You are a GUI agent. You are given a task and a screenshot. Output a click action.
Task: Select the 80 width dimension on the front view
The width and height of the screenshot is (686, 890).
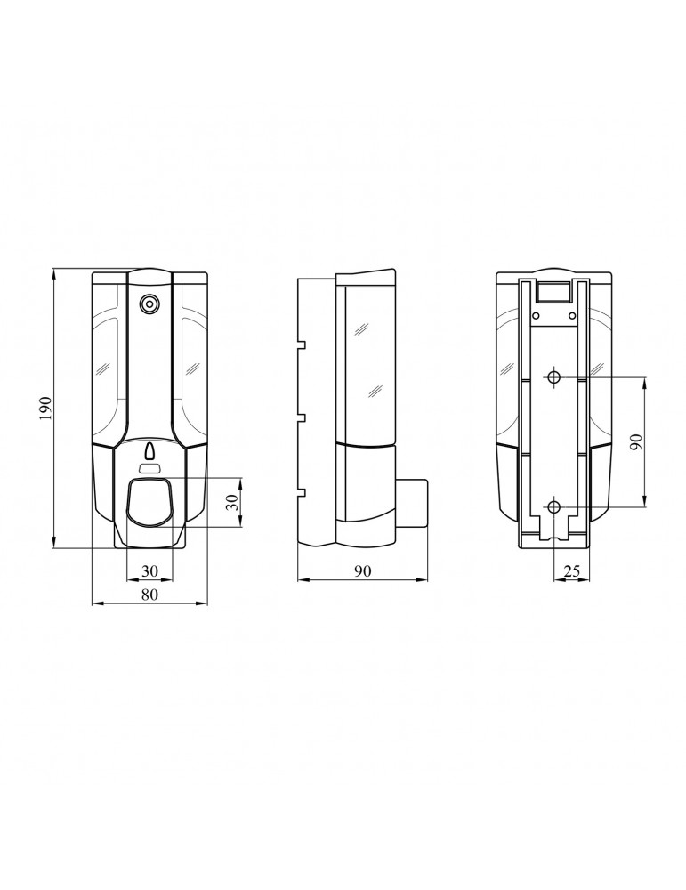(149, 595)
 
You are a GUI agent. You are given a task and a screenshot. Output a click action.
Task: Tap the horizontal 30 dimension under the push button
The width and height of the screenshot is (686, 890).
(149, 570)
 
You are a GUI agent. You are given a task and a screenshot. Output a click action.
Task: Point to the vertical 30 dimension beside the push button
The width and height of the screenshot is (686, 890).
(231, 502)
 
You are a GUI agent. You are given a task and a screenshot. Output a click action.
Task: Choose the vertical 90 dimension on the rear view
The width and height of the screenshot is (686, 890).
(635, 442)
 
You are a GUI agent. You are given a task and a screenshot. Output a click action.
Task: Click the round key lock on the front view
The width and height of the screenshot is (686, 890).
(149, 304)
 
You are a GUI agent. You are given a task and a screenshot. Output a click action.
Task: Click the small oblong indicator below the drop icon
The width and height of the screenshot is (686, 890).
(149, 468)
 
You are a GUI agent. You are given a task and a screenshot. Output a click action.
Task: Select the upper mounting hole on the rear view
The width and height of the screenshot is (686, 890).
(553, 377)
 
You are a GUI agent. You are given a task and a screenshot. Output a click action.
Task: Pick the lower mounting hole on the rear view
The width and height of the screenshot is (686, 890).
(553, 507)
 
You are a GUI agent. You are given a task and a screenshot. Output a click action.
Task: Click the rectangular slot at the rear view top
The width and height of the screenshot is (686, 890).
(553, 290)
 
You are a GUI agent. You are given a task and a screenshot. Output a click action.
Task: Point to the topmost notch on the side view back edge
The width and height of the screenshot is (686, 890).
(302, 344)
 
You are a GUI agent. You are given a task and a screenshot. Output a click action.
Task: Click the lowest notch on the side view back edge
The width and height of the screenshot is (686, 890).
(302, 492)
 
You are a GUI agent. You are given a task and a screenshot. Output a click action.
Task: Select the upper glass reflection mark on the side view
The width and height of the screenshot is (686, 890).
(362, 328)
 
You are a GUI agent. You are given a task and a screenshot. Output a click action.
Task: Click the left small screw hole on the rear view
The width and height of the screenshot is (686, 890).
(537, 313)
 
